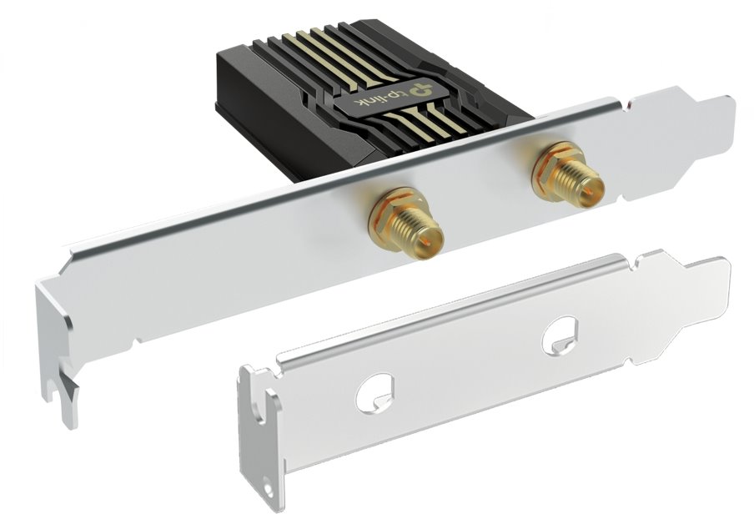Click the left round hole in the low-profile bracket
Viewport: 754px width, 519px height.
click(375, 392)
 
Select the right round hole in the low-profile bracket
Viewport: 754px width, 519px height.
click(560, 335)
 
